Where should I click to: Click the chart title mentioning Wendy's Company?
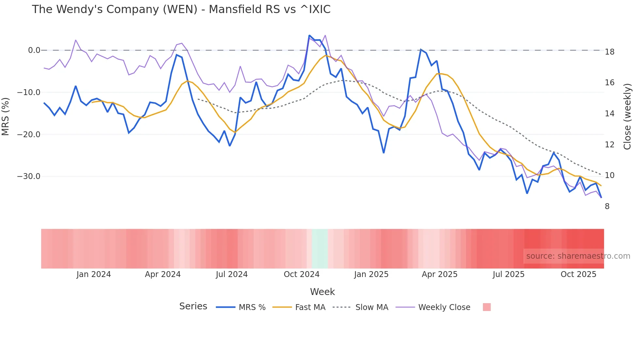181,9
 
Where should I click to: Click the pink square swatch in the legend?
487,307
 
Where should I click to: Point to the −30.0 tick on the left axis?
29,176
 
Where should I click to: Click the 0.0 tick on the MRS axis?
34,50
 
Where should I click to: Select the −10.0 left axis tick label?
29,92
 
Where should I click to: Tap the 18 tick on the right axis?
609,52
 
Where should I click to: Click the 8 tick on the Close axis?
607,206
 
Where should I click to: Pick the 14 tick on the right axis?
609,114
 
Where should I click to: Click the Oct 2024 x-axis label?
301,274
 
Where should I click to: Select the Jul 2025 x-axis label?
508,274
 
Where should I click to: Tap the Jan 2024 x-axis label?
94,274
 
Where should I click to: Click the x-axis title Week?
322,292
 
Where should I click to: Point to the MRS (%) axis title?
6,116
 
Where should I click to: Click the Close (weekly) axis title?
627,116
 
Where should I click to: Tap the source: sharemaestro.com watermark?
578,256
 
